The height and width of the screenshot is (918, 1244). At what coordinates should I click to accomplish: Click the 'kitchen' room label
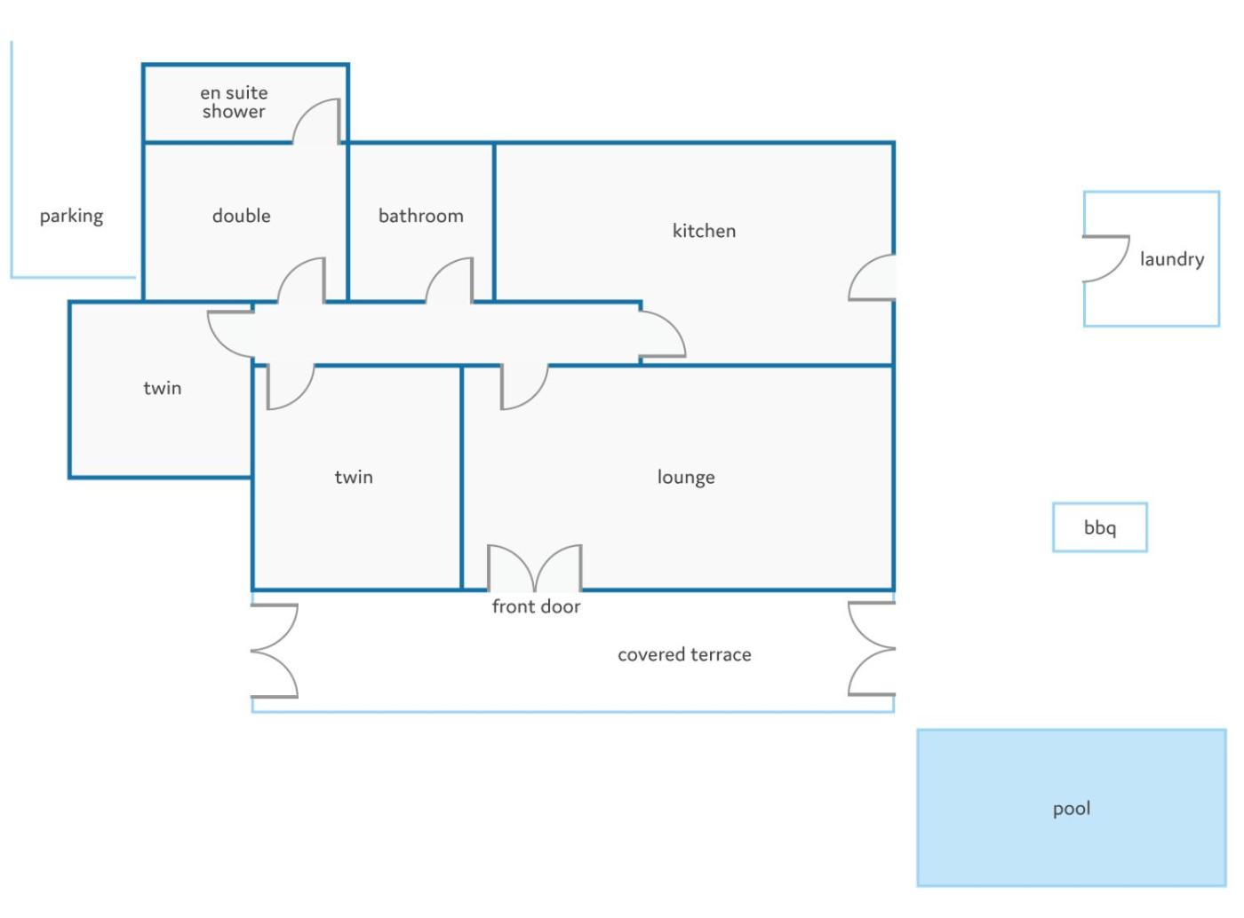[704, 230]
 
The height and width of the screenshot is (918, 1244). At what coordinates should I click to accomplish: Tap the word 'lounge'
[685, 477]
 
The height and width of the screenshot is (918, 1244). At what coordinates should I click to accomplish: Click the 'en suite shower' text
[234, 101]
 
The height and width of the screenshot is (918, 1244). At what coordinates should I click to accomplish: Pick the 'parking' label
[71, 216]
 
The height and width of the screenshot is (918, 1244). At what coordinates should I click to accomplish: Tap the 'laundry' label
[1172, 258]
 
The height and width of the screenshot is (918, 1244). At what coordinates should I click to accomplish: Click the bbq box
[1099, 526]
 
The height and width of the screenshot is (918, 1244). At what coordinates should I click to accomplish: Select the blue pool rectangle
[1072, 808]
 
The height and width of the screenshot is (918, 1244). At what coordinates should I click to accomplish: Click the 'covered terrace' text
[684, 654]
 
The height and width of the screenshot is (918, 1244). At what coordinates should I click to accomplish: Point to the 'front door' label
[536, 605]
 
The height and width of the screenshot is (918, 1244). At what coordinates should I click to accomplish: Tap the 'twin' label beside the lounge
[354, 477]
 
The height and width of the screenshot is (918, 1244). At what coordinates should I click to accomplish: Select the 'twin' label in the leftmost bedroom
[162, 388]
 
